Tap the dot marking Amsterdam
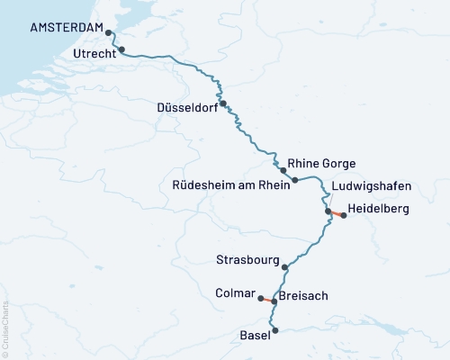coord(109,33)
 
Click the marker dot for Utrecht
coord(121,50)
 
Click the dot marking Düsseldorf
coord(222,103)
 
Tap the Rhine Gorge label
coord(322,164)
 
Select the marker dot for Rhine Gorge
coord(283,170)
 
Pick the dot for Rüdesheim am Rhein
coord(294,181)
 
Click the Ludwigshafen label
coord(371,186)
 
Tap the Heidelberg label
coord(378,209)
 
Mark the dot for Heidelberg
coord(343,215)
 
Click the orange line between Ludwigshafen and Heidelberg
coord(336,213)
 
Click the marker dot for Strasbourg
coord(285,266)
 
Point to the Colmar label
coord(236,292)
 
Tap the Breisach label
coord(304,295)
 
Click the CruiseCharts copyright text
coord(5,324)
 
